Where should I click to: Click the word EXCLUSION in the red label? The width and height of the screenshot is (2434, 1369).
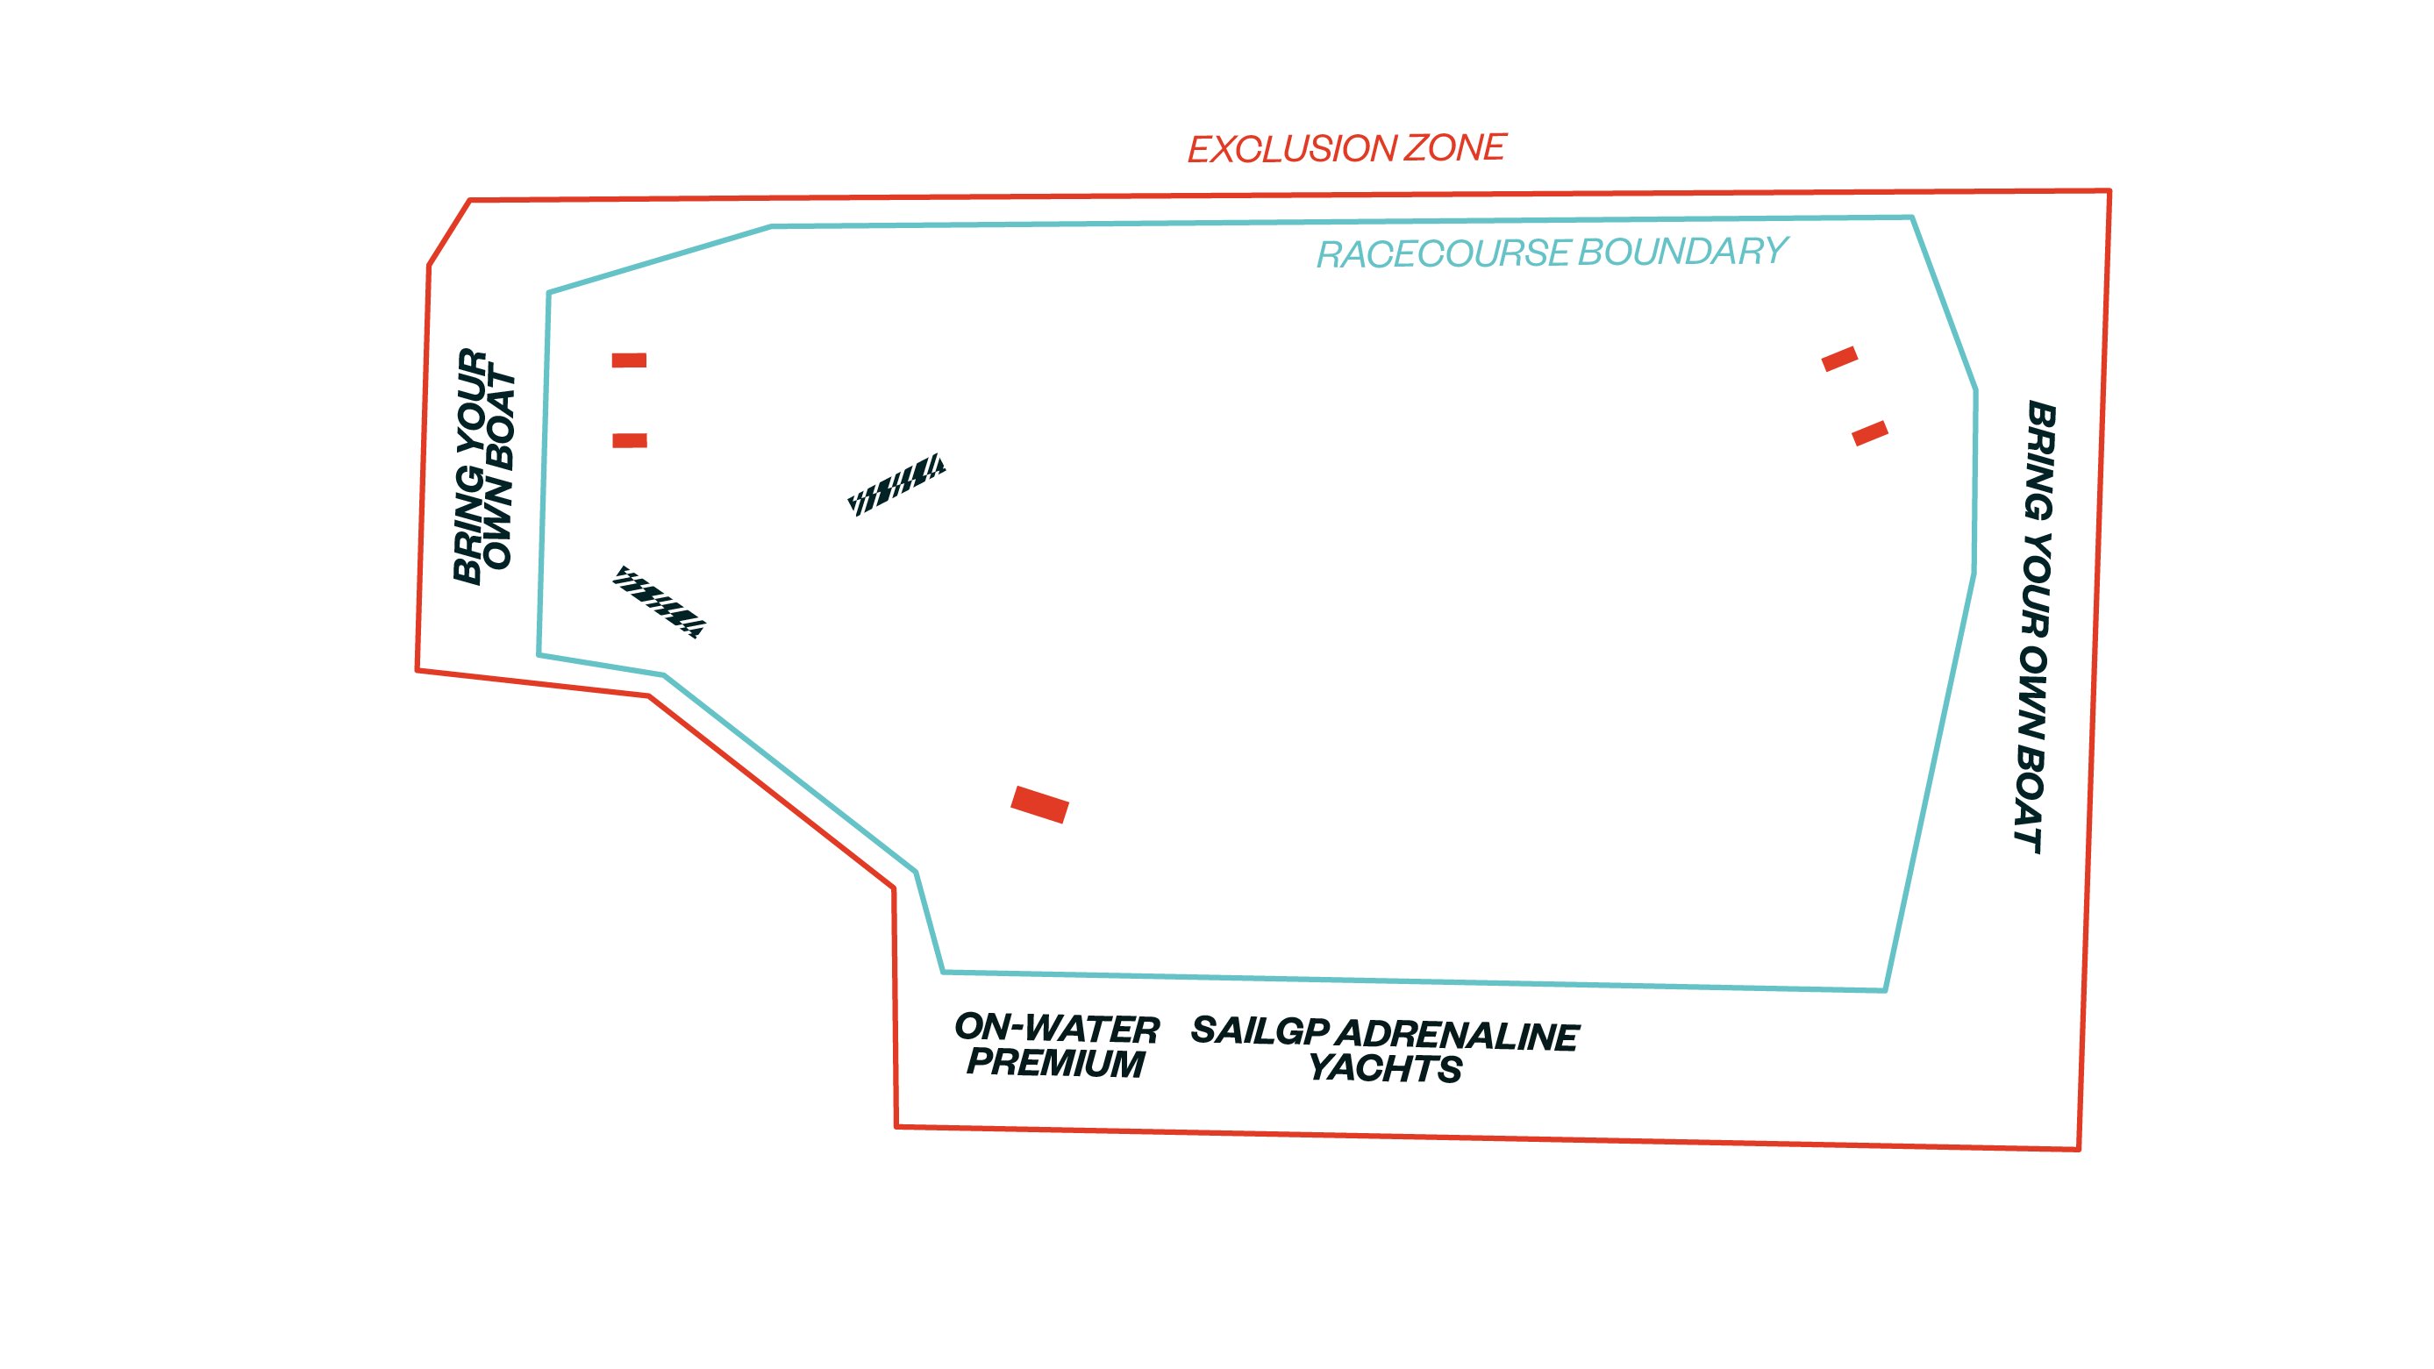click(1291, 149)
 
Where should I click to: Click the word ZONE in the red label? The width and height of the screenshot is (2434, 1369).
click(1455, 147)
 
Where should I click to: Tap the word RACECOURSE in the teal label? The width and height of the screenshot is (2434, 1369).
click(1443, 253)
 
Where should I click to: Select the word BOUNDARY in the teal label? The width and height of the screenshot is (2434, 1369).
click(1683, 252)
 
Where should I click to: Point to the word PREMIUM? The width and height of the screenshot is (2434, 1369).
click(1055, 1063)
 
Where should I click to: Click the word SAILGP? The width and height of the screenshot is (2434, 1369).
click(1260, 1030)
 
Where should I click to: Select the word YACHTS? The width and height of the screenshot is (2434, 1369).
click(1385, 1068)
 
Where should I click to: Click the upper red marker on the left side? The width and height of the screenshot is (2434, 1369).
click(629, 360)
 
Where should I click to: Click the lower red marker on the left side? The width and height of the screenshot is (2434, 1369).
click(631, 440)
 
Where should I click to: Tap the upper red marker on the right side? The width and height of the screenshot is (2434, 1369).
click(1839, 359)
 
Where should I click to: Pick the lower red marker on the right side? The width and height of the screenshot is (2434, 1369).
click(1870, 432)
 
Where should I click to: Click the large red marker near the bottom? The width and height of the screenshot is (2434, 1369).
click(1039, 804)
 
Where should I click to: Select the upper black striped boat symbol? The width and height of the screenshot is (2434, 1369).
click(896, 485)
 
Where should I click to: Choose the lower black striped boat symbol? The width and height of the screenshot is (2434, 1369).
click(659, 602)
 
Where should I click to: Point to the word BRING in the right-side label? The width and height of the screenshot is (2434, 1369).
click(2040, 460)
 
